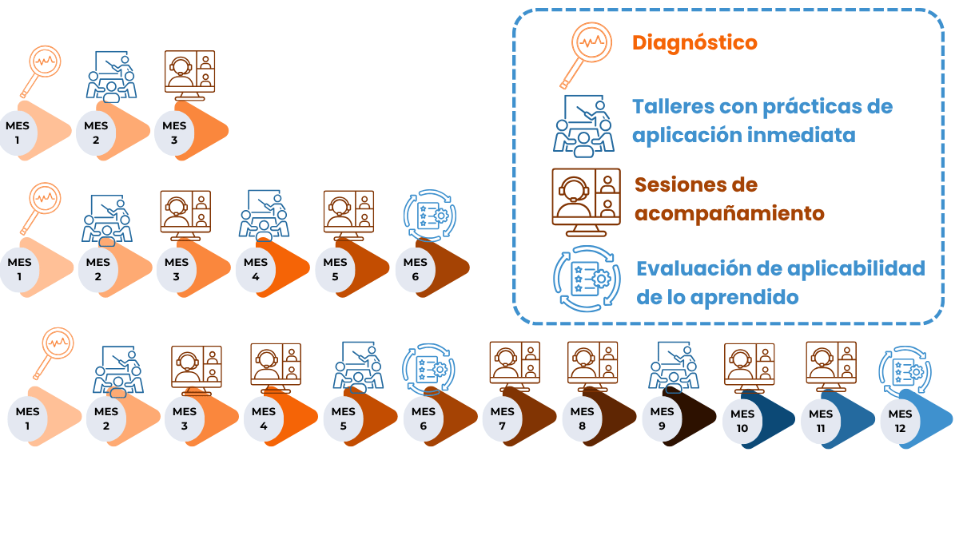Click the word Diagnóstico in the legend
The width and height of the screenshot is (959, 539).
[x=694, y=43]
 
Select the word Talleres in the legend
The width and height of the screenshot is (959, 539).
[x=673, y=106]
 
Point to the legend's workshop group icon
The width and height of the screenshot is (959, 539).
[x=583, y=126]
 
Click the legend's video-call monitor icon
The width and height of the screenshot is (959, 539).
[x=586, y=202]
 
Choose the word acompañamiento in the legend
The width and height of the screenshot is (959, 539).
[x=730, y=214]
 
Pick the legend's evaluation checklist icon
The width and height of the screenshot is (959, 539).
[x=587, y=279]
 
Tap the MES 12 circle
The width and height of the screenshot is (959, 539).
[x=901, y=421]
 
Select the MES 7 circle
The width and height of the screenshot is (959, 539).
[x=502, y=418]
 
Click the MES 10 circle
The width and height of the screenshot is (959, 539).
[x=742, y=421]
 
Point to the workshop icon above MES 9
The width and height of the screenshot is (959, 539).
[x=674, y=367]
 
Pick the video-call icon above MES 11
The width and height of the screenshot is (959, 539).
[x=831, y=367]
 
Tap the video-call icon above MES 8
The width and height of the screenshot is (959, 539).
[x=592, y=367]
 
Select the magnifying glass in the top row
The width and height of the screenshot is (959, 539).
[x=41, y=71]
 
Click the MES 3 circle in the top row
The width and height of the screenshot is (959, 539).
[x=174, y=133]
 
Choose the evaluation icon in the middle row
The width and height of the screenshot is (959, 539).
[x=429, y=216]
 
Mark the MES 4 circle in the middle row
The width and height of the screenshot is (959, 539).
[x=256, y=270]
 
